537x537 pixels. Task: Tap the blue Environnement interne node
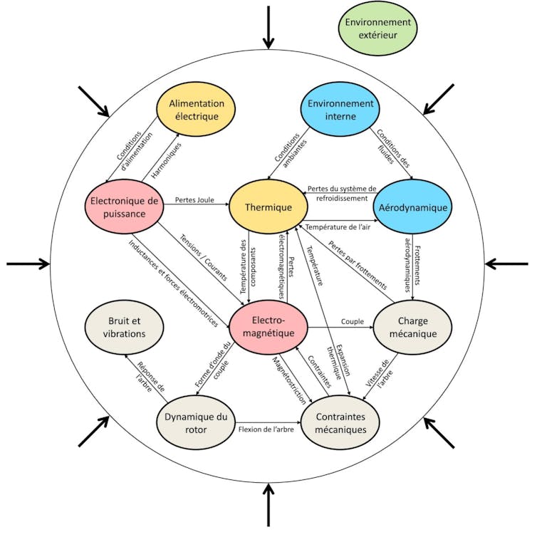click(341, 110)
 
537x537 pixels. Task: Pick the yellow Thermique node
click(268, 207)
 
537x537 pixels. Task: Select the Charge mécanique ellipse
click(414, 327)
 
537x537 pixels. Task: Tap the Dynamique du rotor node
click(195, 422)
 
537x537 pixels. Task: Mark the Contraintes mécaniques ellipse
click(343, 423)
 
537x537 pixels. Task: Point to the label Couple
click(352, 321)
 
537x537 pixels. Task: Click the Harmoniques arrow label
click(162, 159)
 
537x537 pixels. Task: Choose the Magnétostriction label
click(290, 378)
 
